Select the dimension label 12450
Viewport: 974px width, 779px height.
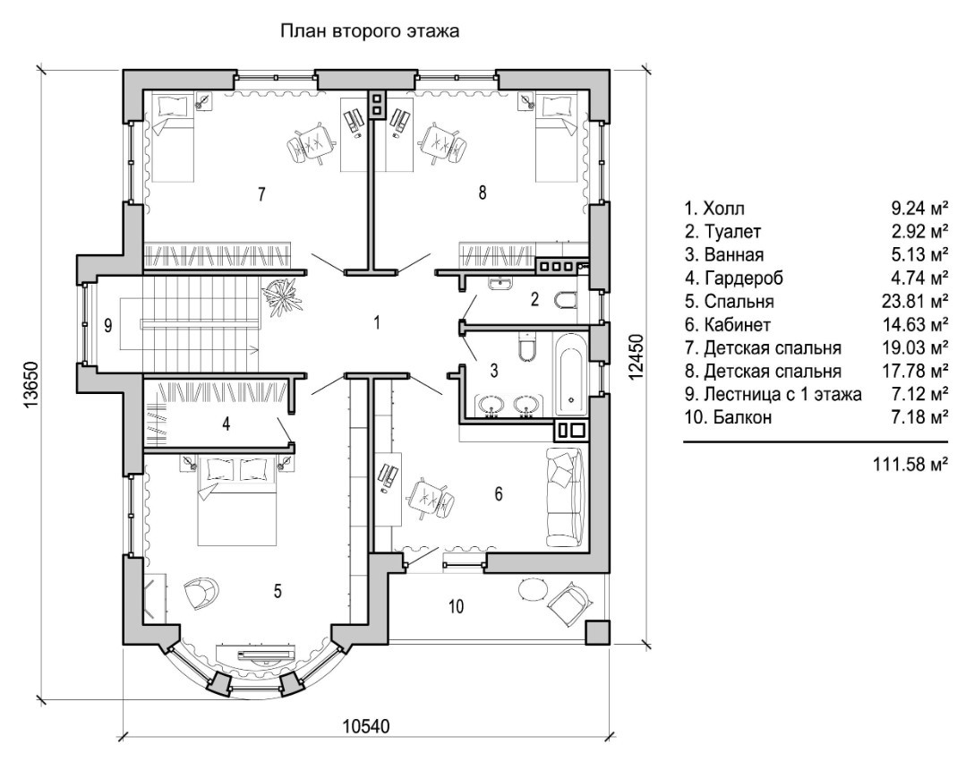[x=637, y=359]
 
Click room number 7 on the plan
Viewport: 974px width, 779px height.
[x=261, y=193]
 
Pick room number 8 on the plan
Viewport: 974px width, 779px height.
[x=483, y=191]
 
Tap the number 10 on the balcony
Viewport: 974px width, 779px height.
[x=456, y=607]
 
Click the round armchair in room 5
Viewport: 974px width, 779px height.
[x=201, y=592]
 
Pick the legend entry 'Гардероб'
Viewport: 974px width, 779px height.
[x=737, y=278]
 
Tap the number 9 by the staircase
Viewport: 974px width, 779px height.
[x=107, y=326]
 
